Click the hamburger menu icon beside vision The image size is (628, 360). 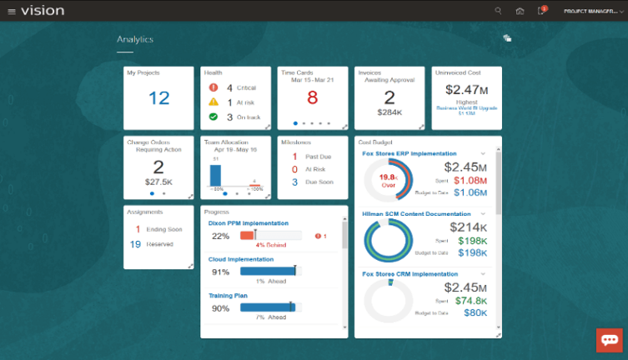(11, 11)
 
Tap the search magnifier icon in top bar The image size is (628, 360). (499, 11)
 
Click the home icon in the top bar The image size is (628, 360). (520, 11)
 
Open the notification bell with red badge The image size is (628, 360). (541, 11)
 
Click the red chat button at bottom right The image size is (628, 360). (609, 340)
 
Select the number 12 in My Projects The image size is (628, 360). (158, 98)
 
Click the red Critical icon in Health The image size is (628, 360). (213, 87)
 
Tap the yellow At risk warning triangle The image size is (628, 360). (213, 102)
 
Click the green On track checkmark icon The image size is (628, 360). (213, 117)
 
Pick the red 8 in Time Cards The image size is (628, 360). (312, 98)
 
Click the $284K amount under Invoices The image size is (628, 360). (389, 111)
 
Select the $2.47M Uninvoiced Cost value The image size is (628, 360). (467, 88)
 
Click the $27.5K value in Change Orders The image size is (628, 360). (158, 180)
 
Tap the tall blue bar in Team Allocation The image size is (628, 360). (215, 174)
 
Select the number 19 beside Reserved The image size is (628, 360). (135, 244)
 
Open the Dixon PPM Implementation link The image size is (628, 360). (248, 223)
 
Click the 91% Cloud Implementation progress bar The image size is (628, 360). (268, 271)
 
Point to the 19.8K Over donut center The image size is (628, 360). (387, 180)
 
